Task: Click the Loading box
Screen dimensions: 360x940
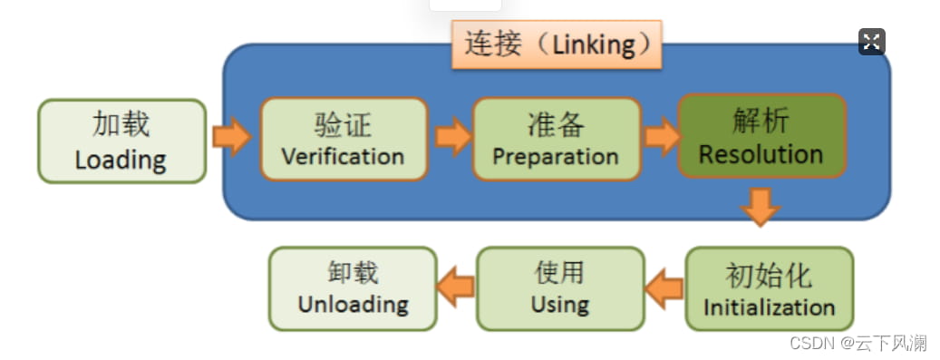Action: pos(121,141)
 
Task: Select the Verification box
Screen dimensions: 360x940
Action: pos(343,139)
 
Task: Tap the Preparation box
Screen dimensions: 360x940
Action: pos(556,139)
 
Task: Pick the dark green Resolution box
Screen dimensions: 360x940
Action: pos(761,135)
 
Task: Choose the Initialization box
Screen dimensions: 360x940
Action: pos(769,288)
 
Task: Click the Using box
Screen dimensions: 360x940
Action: pos(559,287)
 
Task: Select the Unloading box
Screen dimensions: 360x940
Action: pos(353,287)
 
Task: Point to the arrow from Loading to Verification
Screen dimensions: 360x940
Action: pos(231,137)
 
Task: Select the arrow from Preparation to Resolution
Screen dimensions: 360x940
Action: pos(662,137)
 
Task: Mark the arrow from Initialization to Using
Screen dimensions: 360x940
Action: pos(664,287)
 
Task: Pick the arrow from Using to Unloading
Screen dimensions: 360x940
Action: pos(456,287)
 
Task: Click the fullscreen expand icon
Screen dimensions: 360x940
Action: pos(871,41)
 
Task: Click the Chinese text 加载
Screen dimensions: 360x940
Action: pos(121,125)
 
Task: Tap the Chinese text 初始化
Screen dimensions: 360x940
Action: pos(769,275)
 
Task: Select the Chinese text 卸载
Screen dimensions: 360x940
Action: pos(353,273)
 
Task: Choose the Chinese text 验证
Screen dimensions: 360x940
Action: pos(343,125)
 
